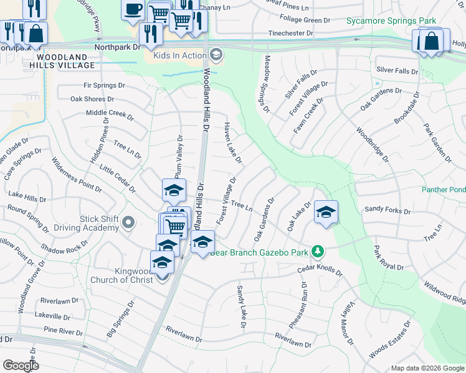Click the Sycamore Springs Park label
point(391,21)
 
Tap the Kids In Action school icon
point(216,55)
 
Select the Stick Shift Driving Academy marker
point(128,222)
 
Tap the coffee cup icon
point(134,9)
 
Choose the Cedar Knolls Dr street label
point(320,270)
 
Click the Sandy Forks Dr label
point(388,211)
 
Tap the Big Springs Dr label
point(120,320)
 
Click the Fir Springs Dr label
point(105,85)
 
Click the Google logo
point(21,366)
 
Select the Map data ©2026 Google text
point(427,367)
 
